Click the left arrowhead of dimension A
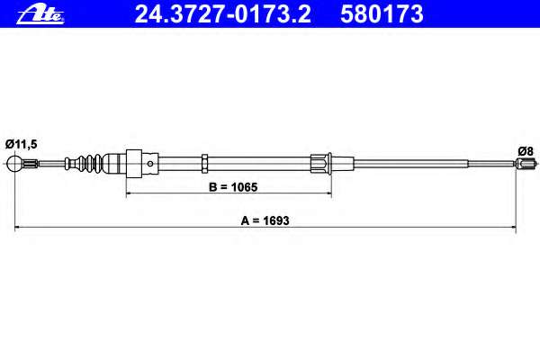[19, 231]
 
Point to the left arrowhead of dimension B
[130, 194]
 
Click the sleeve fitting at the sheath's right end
[322, 164]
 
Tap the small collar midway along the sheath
[207, 164]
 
